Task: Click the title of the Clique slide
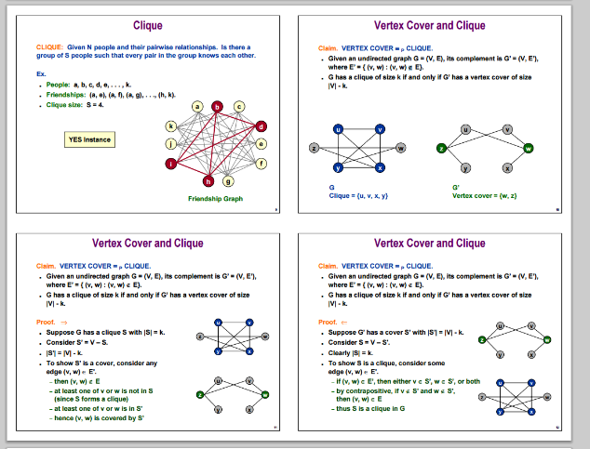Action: [147, 25]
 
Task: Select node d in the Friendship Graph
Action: [261, 125]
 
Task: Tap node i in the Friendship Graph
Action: [171, 165]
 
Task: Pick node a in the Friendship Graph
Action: [196, 107]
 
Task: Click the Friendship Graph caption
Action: [215, 199]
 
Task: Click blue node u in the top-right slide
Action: [338, 129]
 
